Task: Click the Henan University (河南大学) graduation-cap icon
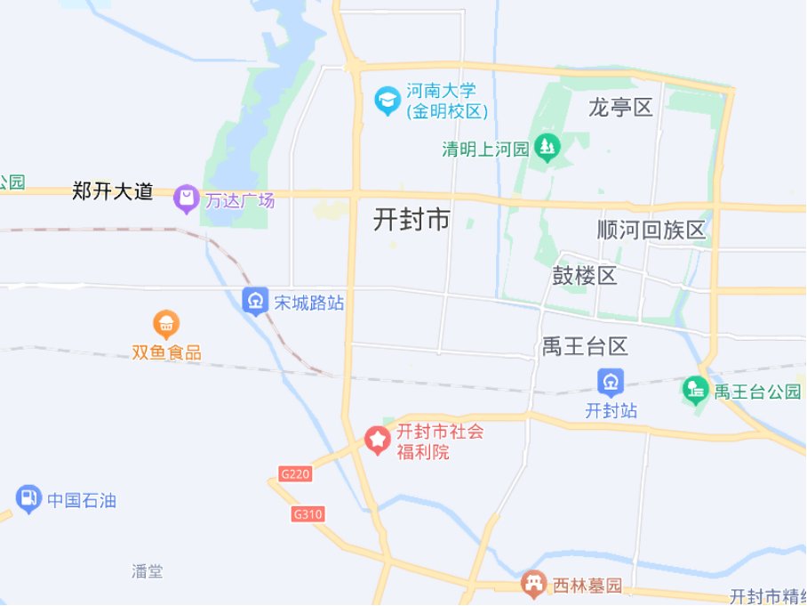(388, 101)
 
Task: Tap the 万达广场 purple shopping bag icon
(187, 199)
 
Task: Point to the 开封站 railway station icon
(611, 383)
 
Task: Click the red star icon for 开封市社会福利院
(380, 440)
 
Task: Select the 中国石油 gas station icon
(29, 500)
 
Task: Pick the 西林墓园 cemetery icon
(533, 585)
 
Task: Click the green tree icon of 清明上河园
(547, 148)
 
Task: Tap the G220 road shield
(295, 474)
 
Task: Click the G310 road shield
(308, 514)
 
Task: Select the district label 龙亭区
(620, 108)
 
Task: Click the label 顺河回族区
(651, 230)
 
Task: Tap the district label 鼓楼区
(584, 275)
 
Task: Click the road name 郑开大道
(113, 191)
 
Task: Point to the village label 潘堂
(147, 571)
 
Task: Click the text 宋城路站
(308, 303)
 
